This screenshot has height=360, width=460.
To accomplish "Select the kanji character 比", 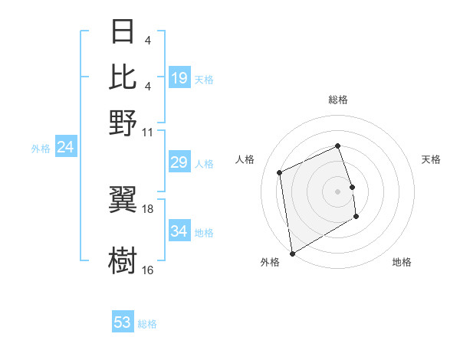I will [123, 77].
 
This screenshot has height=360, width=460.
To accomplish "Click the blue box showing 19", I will [179, 78].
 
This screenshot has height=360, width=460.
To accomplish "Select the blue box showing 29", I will [179, 162].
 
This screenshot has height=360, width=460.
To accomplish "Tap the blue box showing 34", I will [179, 231].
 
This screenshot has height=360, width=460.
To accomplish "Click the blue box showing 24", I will [66, 148].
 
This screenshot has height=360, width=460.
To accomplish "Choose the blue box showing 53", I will [123, 322].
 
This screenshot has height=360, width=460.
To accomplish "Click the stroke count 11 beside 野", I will [148, 131].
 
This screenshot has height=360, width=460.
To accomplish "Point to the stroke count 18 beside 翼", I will [148, 208].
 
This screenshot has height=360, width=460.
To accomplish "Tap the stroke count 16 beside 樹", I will [148, 270].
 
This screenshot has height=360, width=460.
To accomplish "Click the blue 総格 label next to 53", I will [147, 324].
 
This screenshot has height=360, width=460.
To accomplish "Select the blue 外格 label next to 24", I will [41, 149].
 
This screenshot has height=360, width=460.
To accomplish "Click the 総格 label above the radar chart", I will [338, 100].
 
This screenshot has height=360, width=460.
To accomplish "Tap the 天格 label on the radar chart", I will [431, 159].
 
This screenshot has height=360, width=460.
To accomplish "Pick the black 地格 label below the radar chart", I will [402, 263].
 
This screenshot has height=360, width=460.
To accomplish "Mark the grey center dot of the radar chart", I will [338, 191].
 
